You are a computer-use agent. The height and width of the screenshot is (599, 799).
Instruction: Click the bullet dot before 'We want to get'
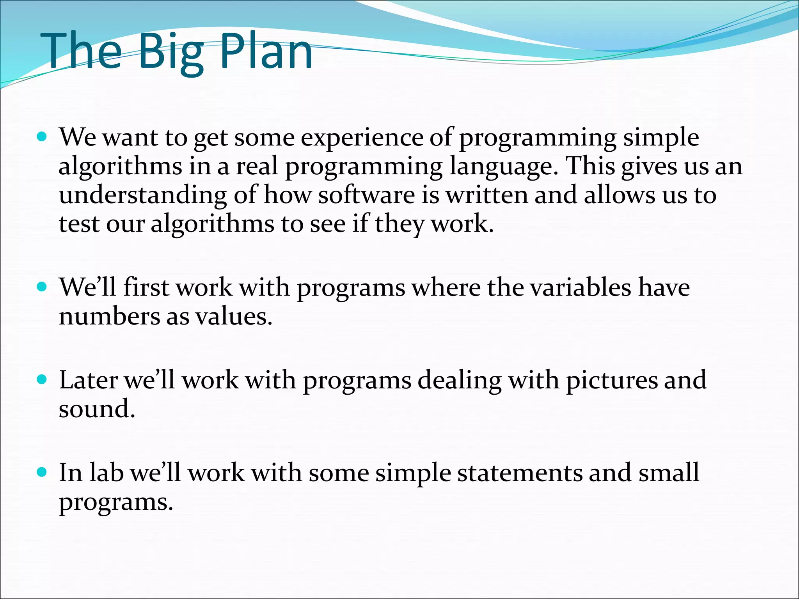click(41, 137)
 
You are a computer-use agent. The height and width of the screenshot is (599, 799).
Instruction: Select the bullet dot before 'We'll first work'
click(41, 287)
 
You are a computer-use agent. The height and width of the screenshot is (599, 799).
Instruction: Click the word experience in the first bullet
click(362, 138)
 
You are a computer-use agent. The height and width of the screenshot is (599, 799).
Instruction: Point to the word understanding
click(143, 196)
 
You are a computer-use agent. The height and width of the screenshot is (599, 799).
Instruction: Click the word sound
click(97, 409)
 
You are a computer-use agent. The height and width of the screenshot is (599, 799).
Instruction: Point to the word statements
click(519, 473)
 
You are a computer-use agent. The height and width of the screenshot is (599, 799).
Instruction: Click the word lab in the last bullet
click(107, 473)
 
